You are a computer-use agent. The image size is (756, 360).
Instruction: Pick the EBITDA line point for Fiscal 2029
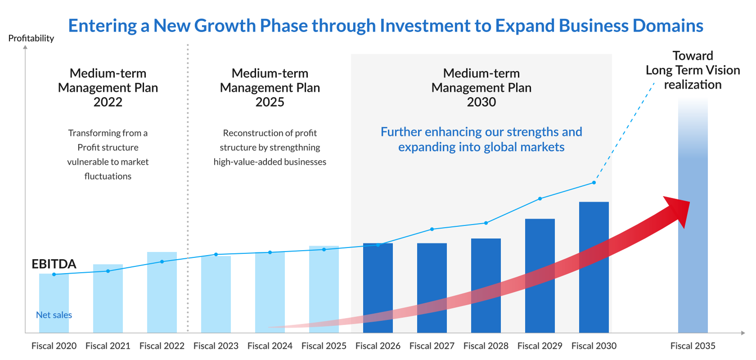coord(540,198)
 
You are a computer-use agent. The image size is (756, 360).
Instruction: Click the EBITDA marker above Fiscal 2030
coord(594,183)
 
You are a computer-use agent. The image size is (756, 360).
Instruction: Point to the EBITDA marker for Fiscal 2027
coord(432,229)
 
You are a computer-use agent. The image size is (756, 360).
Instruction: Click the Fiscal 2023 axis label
coord(216,346)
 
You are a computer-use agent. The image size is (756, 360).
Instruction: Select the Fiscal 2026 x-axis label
coord(378,346)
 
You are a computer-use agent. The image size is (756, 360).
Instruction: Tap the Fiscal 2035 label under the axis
coord(693,346)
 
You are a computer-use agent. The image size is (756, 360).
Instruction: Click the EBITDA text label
coord(54,264)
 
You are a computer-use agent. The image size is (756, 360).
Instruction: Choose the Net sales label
coord(54,315)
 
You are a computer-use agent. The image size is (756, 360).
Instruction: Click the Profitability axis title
coord(31,38)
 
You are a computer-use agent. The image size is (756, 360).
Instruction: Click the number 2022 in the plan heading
coord(108,102)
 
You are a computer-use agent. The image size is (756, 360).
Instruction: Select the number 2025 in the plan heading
coord(270,102)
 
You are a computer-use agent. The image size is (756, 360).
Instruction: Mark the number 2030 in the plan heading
coord(481,102)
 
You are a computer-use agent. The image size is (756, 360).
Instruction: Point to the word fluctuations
coord(108,176)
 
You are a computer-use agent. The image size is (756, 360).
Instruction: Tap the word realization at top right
coord(693,85)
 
